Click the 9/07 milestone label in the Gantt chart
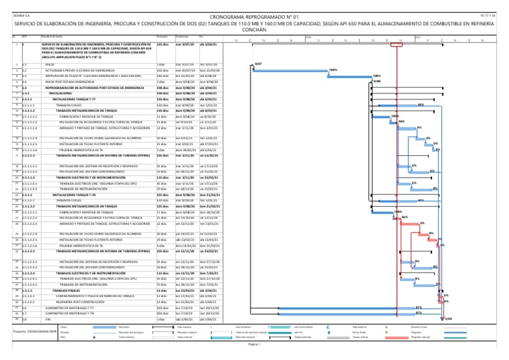coord(258,63)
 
